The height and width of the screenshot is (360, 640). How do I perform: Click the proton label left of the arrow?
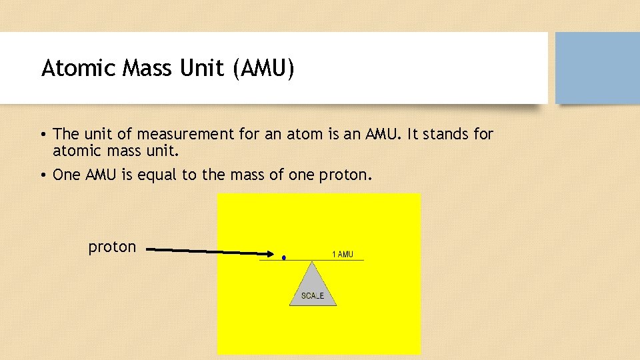[x=112, y=247]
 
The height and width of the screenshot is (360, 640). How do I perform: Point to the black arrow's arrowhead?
[x=269, y=253]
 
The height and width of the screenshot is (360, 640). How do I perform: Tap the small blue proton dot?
[x=284, y=257]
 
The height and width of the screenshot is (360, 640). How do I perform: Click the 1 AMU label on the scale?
[x=343, y=254]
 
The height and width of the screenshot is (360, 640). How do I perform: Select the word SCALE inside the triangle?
[x=313, y=296]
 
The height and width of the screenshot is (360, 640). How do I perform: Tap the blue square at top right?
[x=597, y=68]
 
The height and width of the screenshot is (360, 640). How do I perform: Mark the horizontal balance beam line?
[x=320, y=260]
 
